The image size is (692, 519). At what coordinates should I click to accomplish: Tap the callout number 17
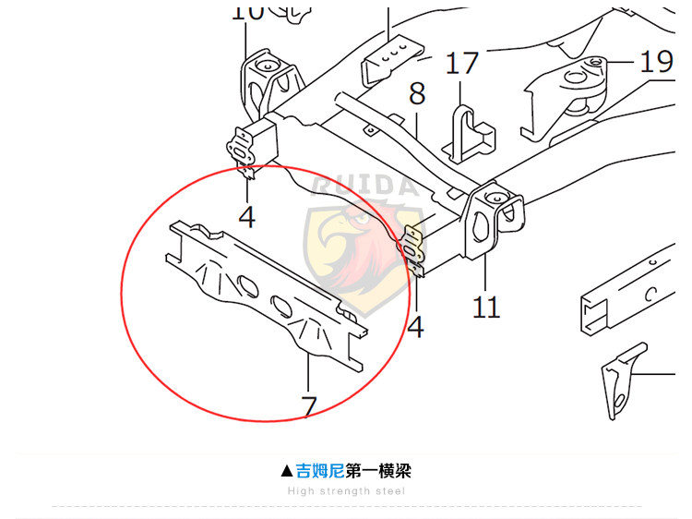tap(462, 64)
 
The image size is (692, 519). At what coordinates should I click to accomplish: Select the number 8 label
tap(417, 93)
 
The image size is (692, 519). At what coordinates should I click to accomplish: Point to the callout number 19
tap(656, 62)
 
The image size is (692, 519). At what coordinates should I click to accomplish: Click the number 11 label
tap(485, 307)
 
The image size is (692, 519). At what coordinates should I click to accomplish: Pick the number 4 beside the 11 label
tap(416, 326)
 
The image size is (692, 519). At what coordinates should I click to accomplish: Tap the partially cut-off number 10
tap(246, 11)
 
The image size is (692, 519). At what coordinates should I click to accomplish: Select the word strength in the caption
tap(347, 491)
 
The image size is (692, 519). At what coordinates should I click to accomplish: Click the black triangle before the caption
tap(287, 471)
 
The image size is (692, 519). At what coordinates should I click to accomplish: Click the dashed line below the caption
tap(346, 507)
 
